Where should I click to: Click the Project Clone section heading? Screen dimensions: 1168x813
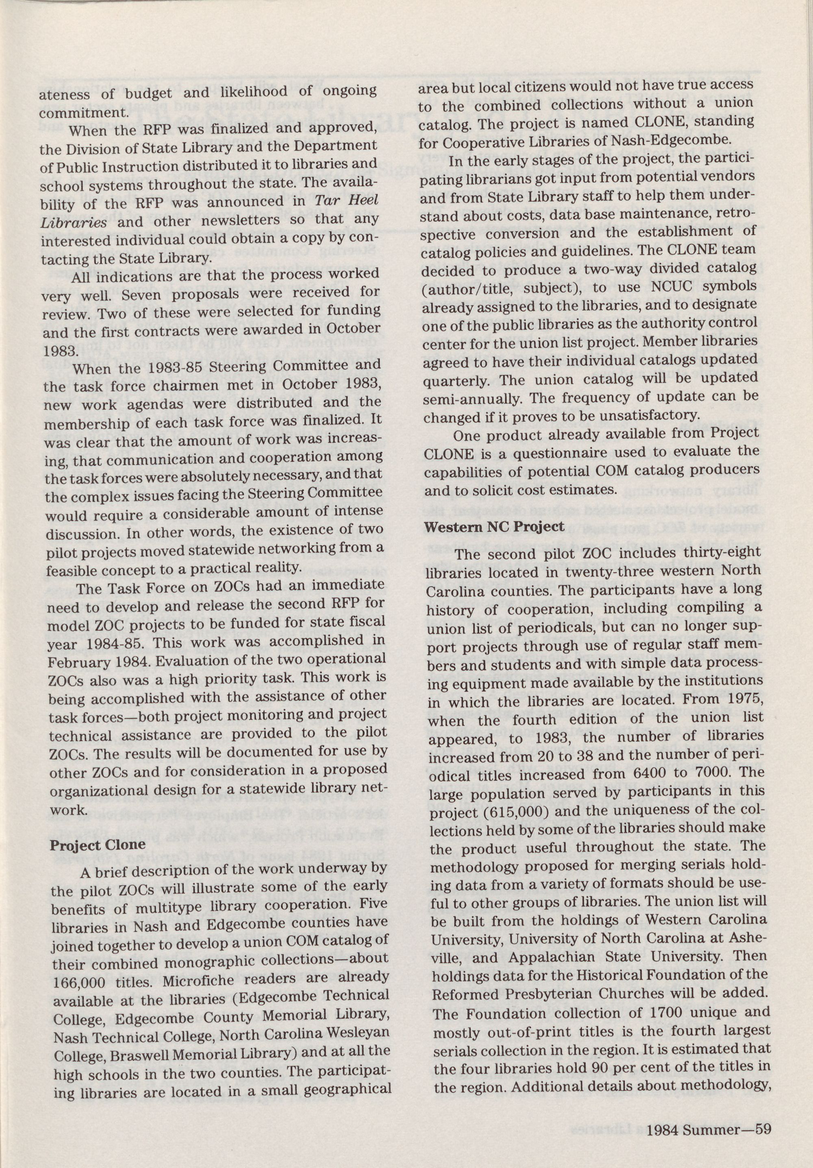click(x=97, y=845)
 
